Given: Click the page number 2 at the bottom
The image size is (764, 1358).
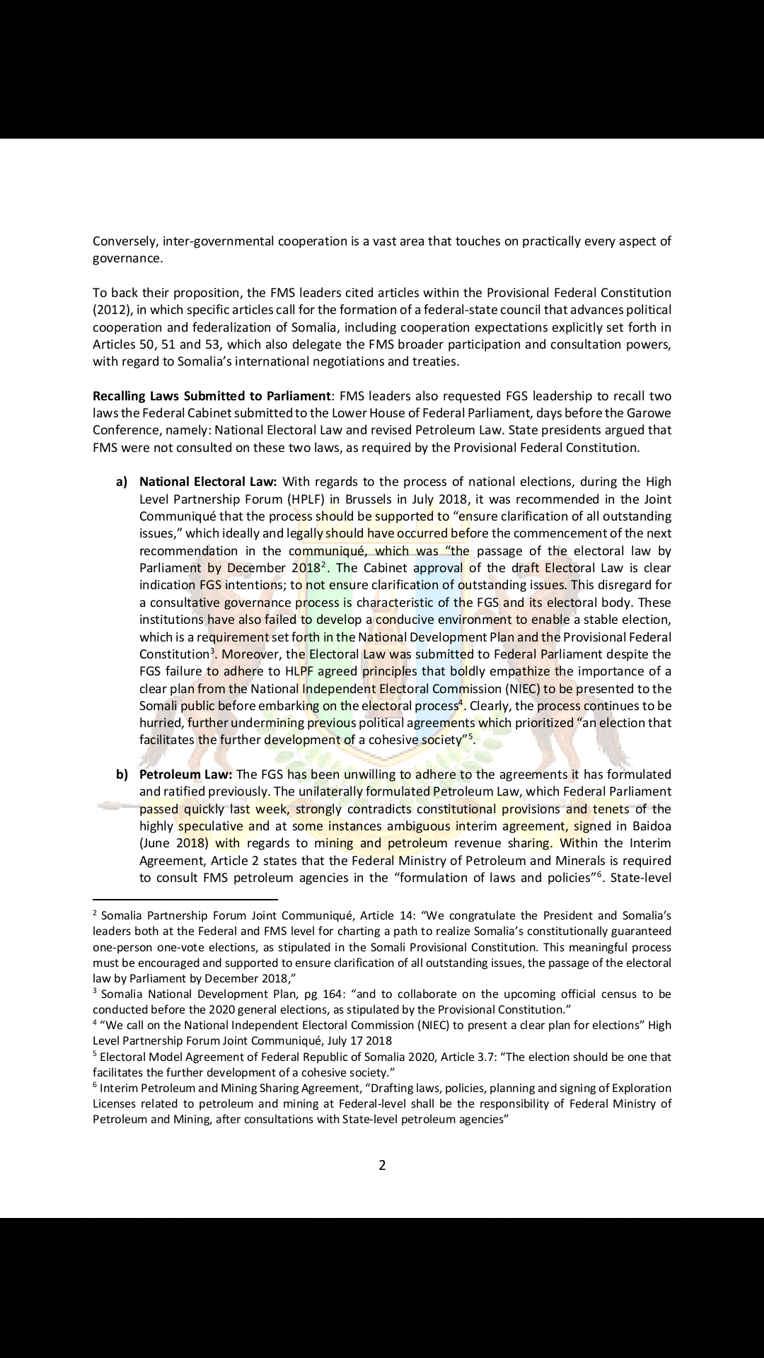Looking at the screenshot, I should click(382, 1165).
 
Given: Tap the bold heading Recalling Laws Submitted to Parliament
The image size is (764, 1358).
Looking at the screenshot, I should click(212, 396).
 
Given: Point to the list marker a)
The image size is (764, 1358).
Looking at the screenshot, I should click(122, 482).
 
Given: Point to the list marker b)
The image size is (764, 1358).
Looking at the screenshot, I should click(122, 774).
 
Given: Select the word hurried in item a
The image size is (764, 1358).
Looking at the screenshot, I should click(161, 723).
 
